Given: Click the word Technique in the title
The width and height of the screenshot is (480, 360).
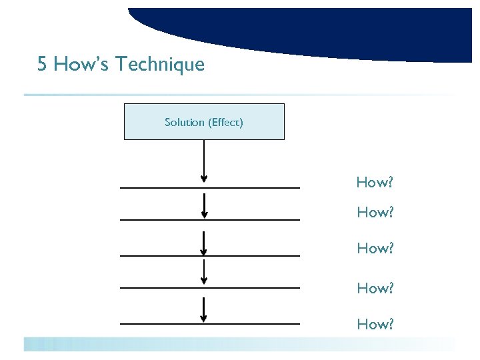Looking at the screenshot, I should click(160, 65).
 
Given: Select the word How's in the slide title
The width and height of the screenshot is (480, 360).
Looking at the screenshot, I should click(81, 65).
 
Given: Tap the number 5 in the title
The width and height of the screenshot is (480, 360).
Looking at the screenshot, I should click(43, 65).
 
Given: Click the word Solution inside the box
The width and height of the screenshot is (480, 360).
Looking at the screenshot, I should click(185, 122).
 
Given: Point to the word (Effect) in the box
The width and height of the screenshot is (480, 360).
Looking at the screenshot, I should click(226, 122).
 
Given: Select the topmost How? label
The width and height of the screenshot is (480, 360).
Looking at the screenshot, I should click(375, 182).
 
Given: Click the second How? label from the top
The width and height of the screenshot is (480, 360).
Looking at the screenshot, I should click(375, 213).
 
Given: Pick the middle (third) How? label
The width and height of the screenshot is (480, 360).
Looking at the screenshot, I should click(375, 248).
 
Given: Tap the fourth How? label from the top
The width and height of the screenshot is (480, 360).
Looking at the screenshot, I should click(375, 288).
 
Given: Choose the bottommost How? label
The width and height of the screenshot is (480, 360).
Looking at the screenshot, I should click(375, 324).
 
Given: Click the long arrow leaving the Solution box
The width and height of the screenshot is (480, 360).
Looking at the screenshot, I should click(204, 160).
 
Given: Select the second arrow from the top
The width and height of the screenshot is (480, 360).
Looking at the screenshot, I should click(204, 205).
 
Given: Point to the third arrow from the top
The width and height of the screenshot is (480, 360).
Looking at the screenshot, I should click(204, 243).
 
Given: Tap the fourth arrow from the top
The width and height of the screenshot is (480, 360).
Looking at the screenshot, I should click(204, 272).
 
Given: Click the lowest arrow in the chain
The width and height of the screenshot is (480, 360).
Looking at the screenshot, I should click(204, 310).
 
